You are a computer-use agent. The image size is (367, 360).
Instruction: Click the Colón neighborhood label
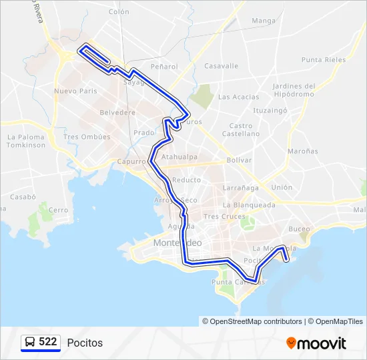click(119, 12)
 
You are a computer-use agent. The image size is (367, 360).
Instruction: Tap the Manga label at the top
click(264, 21)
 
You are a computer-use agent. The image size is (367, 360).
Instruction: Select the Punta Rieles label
click(324, 59)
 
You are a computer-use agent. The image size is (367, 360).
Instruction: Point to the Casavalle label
click(221, 66)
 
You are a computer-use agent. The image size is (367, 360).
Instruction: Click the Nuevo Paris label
click(75, 91)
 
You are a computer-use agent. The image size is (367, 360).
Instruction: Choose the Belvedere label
click(117, 113)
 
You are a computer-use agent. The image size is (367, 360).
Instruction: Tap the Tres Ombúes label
click(87, 137)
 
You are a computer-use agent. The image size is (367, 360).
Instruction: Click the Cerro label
click(59, 210)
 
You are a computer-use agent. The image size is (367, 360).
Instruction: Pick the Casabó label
click(22, 197)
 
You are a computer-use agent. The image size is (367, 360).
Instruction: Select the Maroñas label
click(302, 151)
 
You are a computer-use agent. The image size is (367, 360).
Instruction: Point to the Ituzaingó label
click(270, 109)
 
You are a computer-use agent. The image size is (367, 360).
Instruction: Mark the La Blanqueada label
click(249, 205)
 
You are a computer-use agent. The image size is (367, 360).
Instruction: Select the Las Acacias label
click(238, 97)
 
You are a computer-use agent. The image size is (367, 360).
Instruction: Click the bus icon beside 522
click(30, 343)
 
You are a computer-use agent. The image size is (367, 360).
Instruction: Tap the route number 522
click(48, 342)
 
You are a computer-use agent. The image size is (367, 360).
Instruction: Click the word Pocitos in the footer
click(85, 343)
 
